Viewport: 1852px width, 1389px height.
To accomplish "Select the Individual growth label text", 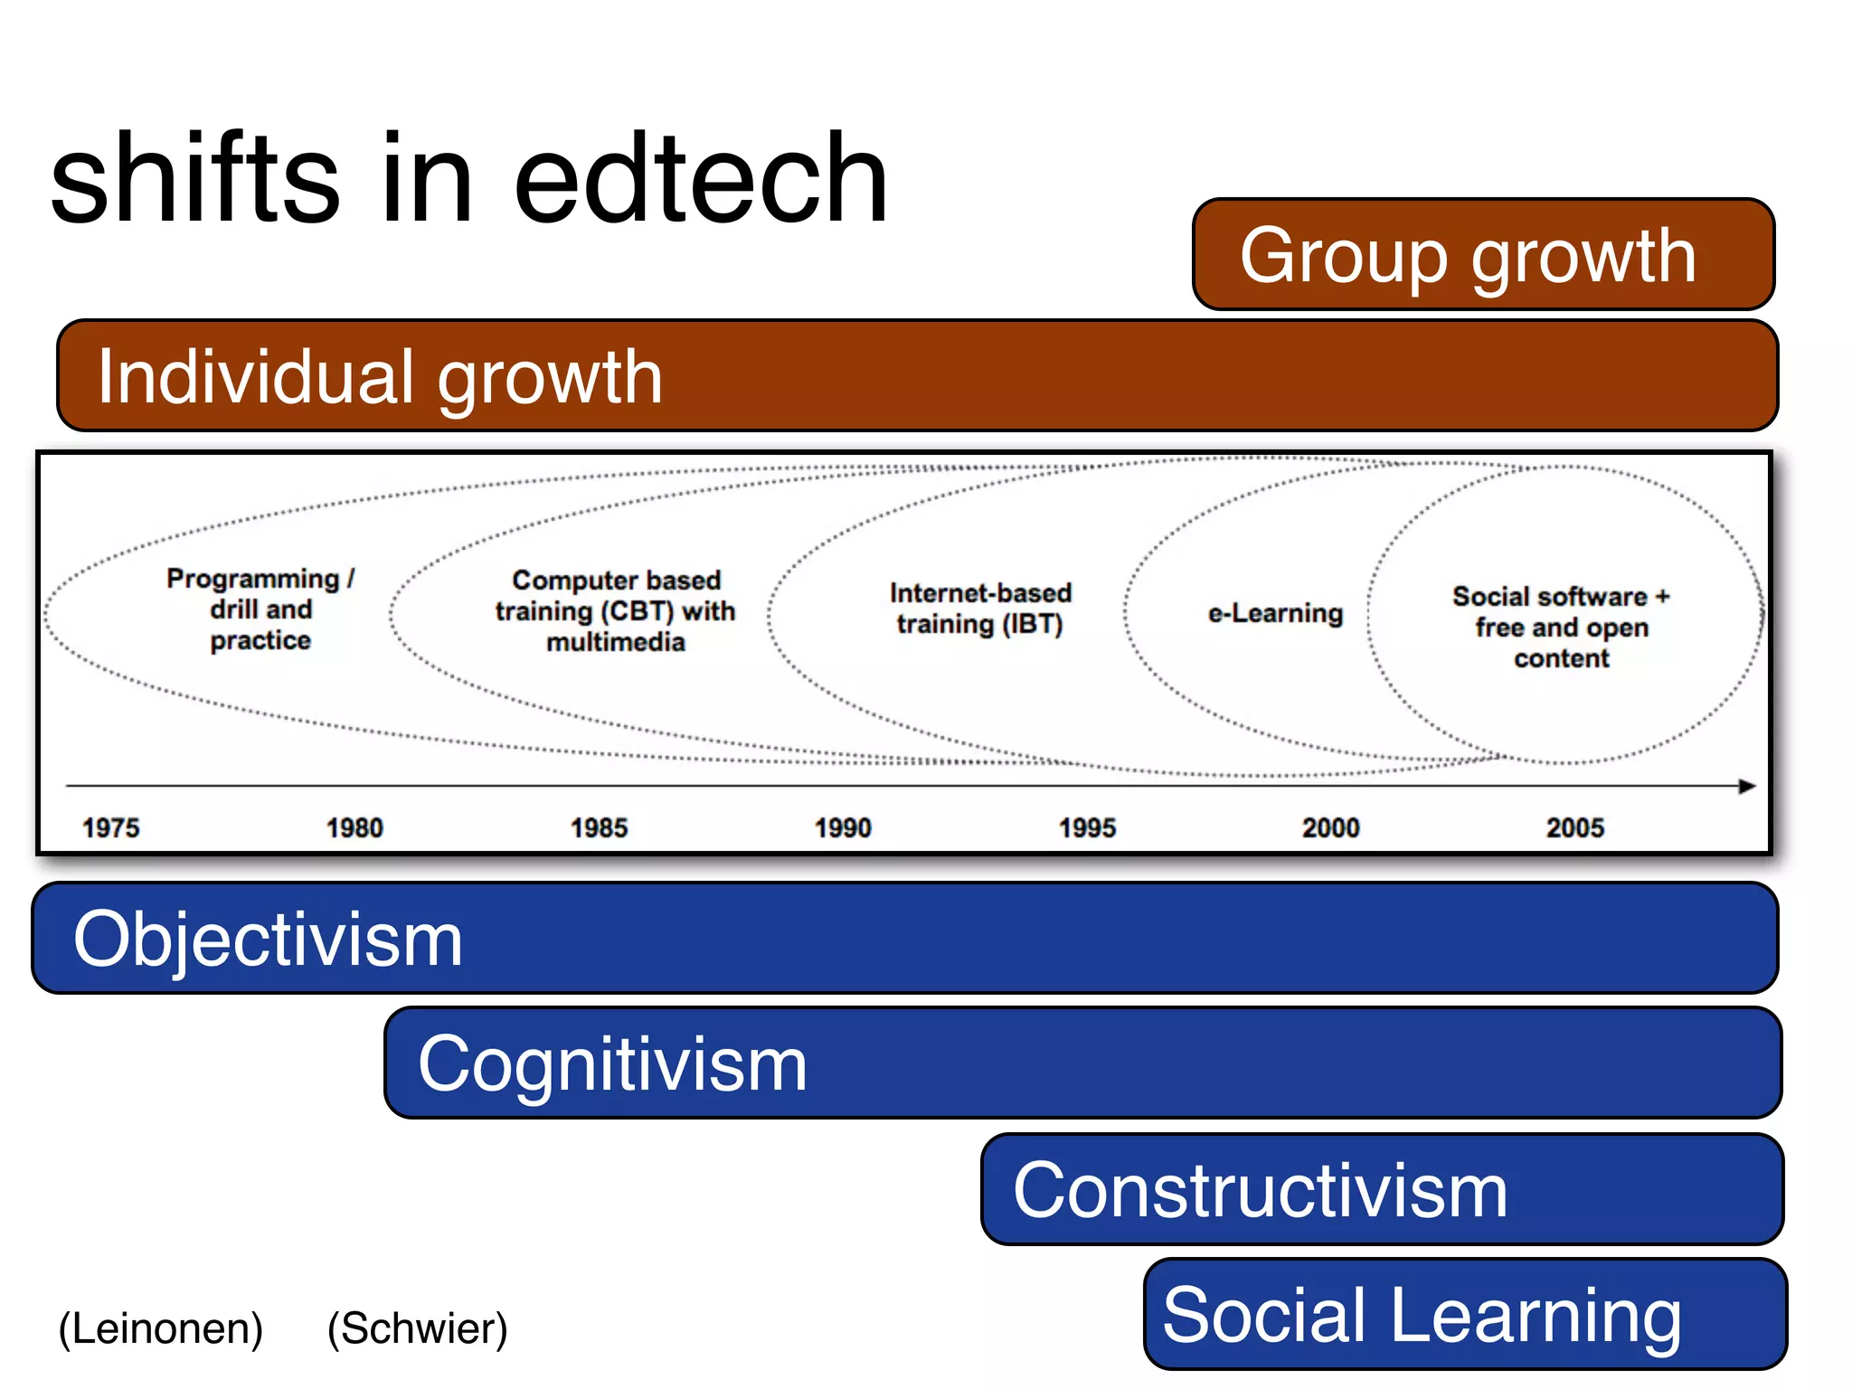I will [380, 376].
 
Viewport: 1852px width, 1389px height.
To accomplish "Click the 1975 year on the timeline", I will [111, 827].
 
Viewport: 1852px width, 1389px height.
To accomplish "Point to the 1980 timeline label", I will [354, 827].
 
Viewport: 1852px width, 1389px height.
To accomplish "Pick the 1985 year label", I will [599, 827].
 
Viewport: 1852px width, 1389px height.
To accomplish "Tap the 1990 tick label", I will [843, 827].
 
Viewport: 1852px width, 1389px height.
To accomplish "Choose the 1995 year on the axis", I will [1087, 827].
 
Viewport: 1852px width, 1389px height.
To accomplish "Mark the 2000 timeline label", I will [1330, 827].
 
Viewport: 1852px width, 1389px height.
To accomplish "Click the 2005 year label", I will [1574, 827].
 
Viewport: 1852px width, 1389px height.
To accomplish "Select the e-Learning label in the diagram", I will [1275, 613].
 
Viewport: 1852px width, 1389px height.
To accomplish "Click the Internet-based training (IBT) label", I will [980, 609].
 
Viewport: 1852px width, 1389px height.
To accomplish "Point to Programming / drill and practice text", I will [260, 609].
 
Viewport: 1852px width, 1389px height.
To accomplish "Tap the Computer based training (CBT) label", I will [616, 610].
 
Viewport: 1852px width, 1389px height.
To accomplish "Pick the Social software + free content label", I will [1562, 627].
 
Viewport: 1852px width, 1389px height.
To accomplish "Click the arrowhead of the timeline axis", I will [1747, 786].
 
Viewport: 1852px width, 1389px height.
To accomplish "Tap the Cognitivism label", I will [612, 1063].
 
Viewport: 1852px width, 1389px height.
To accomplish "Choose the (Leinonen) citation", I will [161, 1328].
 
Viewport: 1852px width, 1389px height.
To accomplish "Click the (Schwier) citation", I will [418, 1328].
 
